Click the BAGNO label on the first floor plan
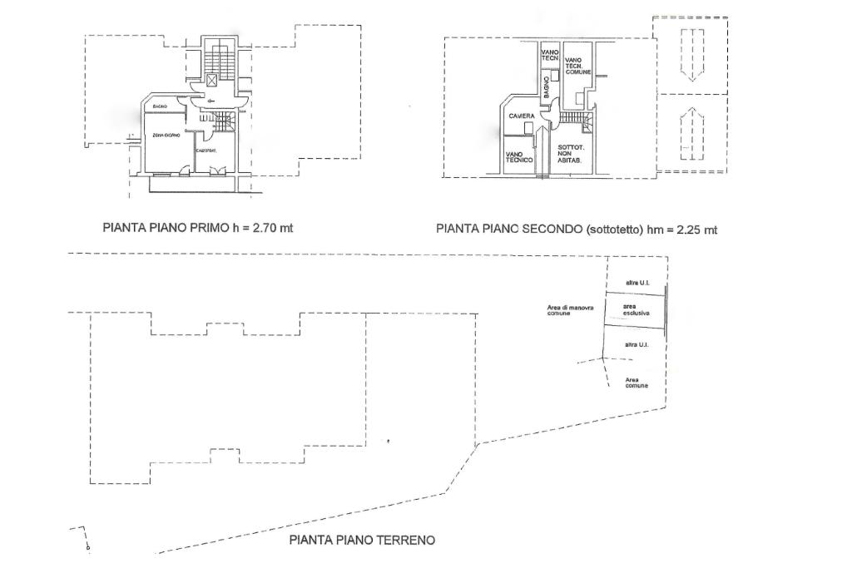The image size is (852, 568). tap(161, 107)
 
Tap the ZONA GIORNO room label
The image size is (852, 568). tap(166, 135)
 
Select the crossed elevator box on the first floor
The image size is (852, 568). tap(213, 80)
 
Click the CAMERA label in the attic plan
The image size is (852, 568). tap(522, 116)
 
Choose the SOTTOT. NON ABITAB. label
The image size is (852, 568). tap(571, 153)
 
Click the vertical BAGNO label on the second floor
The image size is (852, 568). tap(547, 88)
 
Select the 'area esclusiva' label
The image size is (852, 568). tap(636, 309)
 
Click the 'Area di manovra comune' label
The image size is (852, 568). tap(570, 310)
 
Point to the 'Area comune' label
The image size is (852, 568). tap(637, 383)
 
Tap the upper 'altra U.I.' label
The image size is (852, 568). tap(637, 284)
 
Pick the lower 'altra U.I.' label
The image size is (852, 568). tap(637, 344)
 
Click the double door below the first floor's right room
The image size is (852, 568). tap(217, 170)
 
